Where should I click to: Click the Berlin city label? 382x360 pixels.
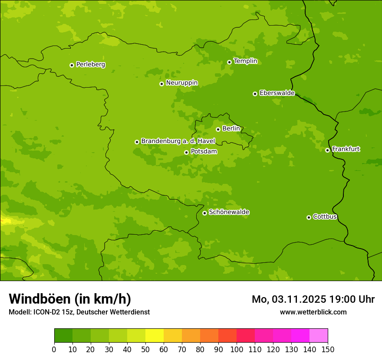(x=231, y=129)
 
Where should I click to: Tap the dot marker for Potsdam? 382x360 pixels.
(x=186, y=152)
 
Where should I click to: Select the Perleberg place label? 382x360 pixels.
(x=90, y=65)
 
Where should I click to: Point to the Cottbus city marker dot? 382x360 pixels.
(x=309, y=217)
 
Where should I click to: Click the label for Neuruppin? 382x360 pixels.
(x=181, y=83)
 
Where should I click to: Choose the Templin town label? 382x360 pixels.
(x=245, y=61)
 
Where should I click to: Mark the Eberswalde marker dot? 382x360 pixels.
(x=255, y=94)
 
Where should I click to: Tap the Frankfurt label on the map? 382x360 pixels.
(x=346, y=149)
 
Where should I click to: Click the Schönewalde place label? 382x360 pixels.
(x=229, y=212)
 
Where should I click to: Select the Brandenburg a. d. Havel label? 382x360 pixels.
(x=178, y=141)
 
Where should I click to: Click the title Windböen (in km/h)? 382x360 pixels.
(x=70, y=299)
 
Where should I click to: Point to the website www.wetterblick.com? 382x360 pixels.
(x=313, y=312)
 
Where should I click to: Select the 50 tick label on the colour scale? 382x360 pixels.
(x=145, y=350)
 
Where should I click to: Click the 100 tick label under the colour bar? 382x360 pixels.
(x=237, y=350)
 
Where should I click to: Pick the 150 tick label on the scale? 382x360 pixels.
(x=328, y=350)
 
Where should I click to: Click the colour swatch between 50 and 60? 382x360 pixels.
(x=155, y=336)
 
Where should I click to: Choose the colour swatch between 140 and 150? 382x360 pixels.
(x=319, y=336)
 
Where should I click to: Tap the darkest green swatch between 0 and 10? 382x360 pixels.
(x=63, y=336)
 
